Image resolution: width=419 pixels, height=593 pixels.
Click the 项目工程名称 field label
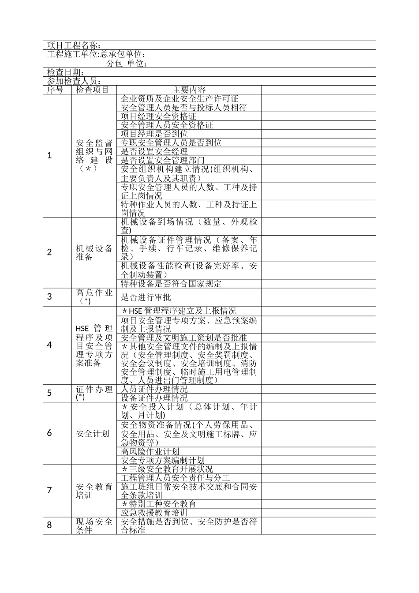click(74, 45)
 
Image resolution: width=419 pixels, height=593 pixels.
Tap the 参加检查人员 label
click(74, 81)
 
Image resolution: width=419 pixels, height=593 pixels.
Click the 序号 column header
click(55, 90)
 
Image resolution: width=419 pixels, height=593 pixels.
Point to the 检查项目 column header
click(92, 90)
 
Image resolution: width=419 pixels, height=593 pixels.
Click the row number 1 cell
click(50, 155)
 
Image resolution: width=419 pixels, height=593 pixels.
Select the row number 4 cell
click(50, 345)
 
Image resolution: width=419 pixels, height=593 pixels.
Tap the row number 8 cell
click(50, 525)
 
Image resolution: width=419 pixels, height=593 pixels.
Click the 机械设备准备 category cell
click(94, 252)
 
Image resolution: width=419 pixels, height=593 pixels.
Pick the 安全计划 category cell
click(93, 433)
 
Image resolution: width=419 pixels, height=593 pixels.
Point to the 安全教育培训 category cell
click(94, 491)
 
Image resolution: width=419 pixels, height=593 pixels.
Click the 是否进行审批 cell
click(146, 297)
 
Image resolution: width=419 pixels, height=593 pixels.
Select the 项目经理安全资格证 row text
click(158, 116)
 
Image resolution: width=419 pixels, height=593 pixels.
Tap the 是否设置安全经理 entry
click(154, 151)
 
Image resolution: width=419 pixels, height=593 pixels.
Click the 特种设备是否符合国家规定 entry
click(171, 284)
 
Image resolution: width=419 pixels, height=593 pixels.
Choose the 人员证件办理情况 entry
click(154, 389)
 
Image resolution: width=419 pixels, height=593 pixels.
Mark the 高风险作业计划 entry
click(150, 451)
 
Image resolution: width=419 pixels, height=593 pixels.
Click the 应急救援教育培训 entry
click(154, 513)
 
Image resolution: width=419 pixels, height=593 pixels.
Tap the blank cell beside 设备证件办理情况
click(318, 398)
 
